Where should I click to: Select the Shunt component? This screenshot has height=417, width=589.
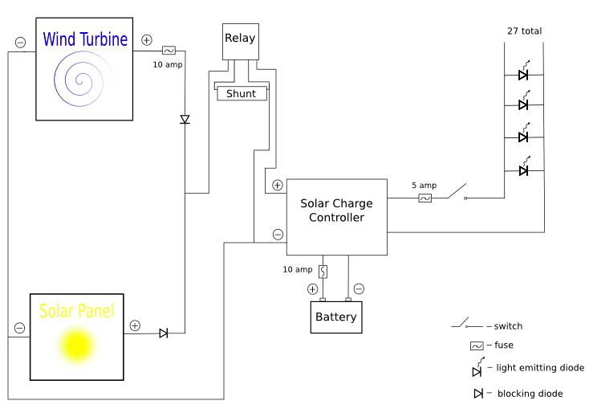point(242,93)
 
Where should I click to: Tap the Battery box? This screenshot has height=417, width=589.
point(336,317)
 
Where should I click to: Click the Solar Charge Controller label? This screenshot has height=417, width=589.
point(336,211)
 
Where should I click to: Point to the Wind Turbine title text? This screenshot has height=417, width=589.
point(85,39)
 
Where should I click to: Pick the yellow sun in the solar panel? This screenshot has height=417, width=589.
point(77,345)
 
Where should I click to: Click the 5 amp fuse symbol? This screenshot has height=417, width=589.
point(425,198)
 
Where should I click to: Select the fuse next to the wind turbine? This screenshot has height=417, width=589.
point(169,50)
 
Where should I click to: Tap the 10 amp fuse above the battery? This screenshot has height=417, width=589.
point(323,272)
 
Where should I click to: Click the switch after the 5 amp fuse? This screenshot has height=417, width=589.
point(457,193)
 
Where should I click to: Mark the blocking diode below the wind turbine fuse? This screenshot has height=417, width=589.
point(185,120)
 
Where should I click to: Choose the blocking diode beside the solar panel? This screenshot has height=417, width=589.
point(164,333)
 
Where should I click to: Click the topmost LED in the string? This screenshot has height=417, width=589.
point(523,75)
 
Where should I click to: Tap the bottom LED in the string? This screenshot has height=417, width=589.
point(523,170)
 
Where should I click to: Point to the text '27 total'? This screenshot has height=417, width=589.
point(524,31)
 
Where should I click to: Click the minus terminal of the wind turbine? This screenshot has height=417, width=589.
point(20,42)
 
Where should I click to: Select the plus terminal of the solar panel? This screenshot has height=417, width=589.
point(135,325)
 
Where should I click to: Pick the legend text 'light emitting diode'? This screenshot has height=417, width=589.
point(540,368)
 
